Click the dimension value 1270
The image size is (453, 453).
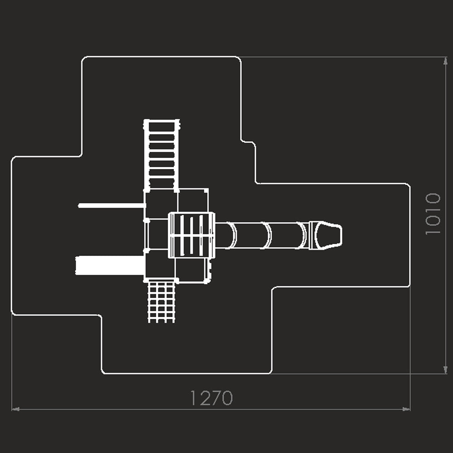tap(212, 398)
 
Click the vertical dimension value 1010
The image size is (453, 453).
tap(433, 214)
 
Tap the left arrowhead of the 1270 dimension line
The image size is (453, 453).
tap(15, 409)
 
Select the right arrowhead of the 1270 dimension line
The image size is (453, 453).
tap(406, 409)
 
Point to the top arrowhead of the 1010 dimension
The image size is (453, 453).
tap(445, 61)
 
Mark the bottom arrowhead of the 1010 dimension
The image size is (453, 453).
tap(445, 370)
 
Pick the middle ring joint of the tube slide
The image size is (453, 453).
tap(267, 235)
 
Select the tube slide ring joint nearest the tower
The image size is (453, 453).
tap(231, 235)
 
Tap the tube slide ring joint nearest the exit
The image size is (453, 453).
tap(302, 235)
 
